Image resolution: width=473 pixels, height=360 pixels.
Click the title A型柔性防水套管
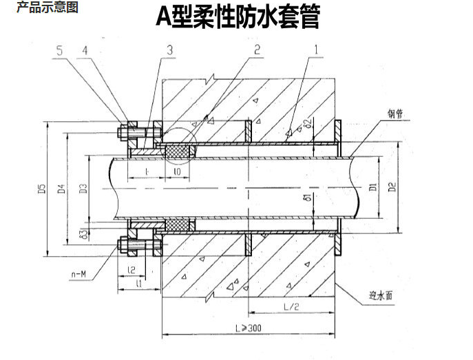(x=238, y=17)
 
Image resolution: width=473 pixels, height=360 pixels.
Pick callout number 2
(x=256, y=50)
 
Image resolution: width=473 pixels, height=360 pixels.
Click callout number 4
(x=85, y=50)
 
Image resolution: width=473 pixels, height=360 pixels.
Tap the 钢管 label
(x=395, y=114)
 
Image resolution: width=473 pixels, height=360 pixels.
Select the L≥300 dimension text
(x=246, y=328)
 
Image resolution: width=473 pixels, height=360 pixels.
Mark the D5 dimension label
(x=41, y=187)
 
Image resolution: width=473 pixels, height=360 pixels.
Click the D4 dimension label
(x=61, y=187)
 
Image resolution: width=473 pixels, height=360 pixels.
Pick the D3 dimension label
(x=82, y=187)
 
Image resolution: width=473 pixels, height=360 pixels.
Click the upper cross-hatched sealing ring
(x=178, y=149)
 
